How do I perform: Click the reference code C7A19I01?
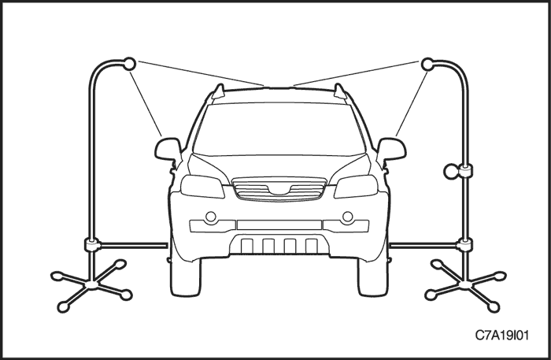click(x=502, y=336)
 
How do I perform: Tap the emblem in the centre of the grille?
click(x=279, y=190)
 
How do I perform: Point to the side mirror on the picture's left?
click(x=168, y=149)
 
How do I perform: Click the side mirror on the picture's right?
click(x=391, y=149)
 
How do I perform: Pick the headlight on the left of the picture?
click(x=202, y=187)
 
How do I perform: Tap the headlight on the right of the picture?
click(x=356, y=187)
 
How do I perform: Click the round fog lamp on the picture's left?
click(x=211, y=217)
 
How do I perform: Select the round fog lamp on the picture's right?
click(x=348, y=217)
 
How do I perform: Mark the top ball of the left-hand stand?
click(x=129, y=64)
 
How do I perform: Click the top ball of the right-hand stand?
click(x=427, y=64)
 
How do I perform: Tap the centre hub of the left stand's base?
click(x=92, y=285)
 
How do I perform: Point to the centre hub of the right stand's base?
click(x=466, y=285)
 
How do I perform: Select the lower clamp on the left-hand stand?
click(x=92, y=244)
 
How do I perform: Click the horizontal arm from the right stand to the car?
click(x=423, y=245)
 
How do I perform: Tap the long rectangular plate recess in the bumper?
click(x=279, y=225)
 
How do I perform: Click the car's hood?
click(x=279, y=168)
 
